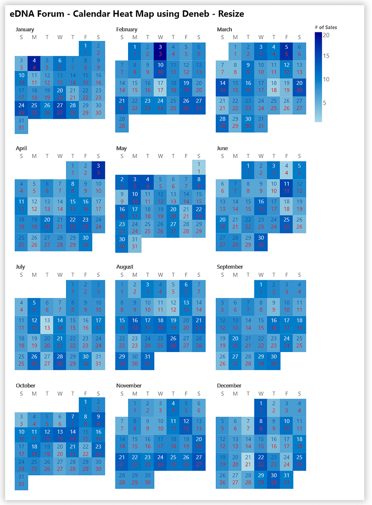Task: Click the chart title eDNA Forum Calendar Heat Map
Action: point(127,14)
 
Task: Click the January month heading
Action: point(25,29)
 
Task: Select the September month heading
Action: point(230,267)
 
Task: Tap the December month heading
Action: point(229,385)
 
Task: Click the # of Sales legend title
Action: point(326,27)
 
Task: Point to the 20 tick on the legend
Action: point(326,35)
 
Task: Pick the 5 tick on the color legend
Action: point(326,103)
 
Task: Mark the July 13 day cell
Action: point(47,324)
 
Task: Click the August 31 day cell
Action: point(148,360)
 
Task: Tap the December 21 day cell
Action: point(248,461)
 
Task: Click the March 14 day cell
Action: point(223,86)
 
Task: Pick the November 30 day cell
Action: point(148,479)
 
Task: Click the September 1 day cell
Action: point(261,287)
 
